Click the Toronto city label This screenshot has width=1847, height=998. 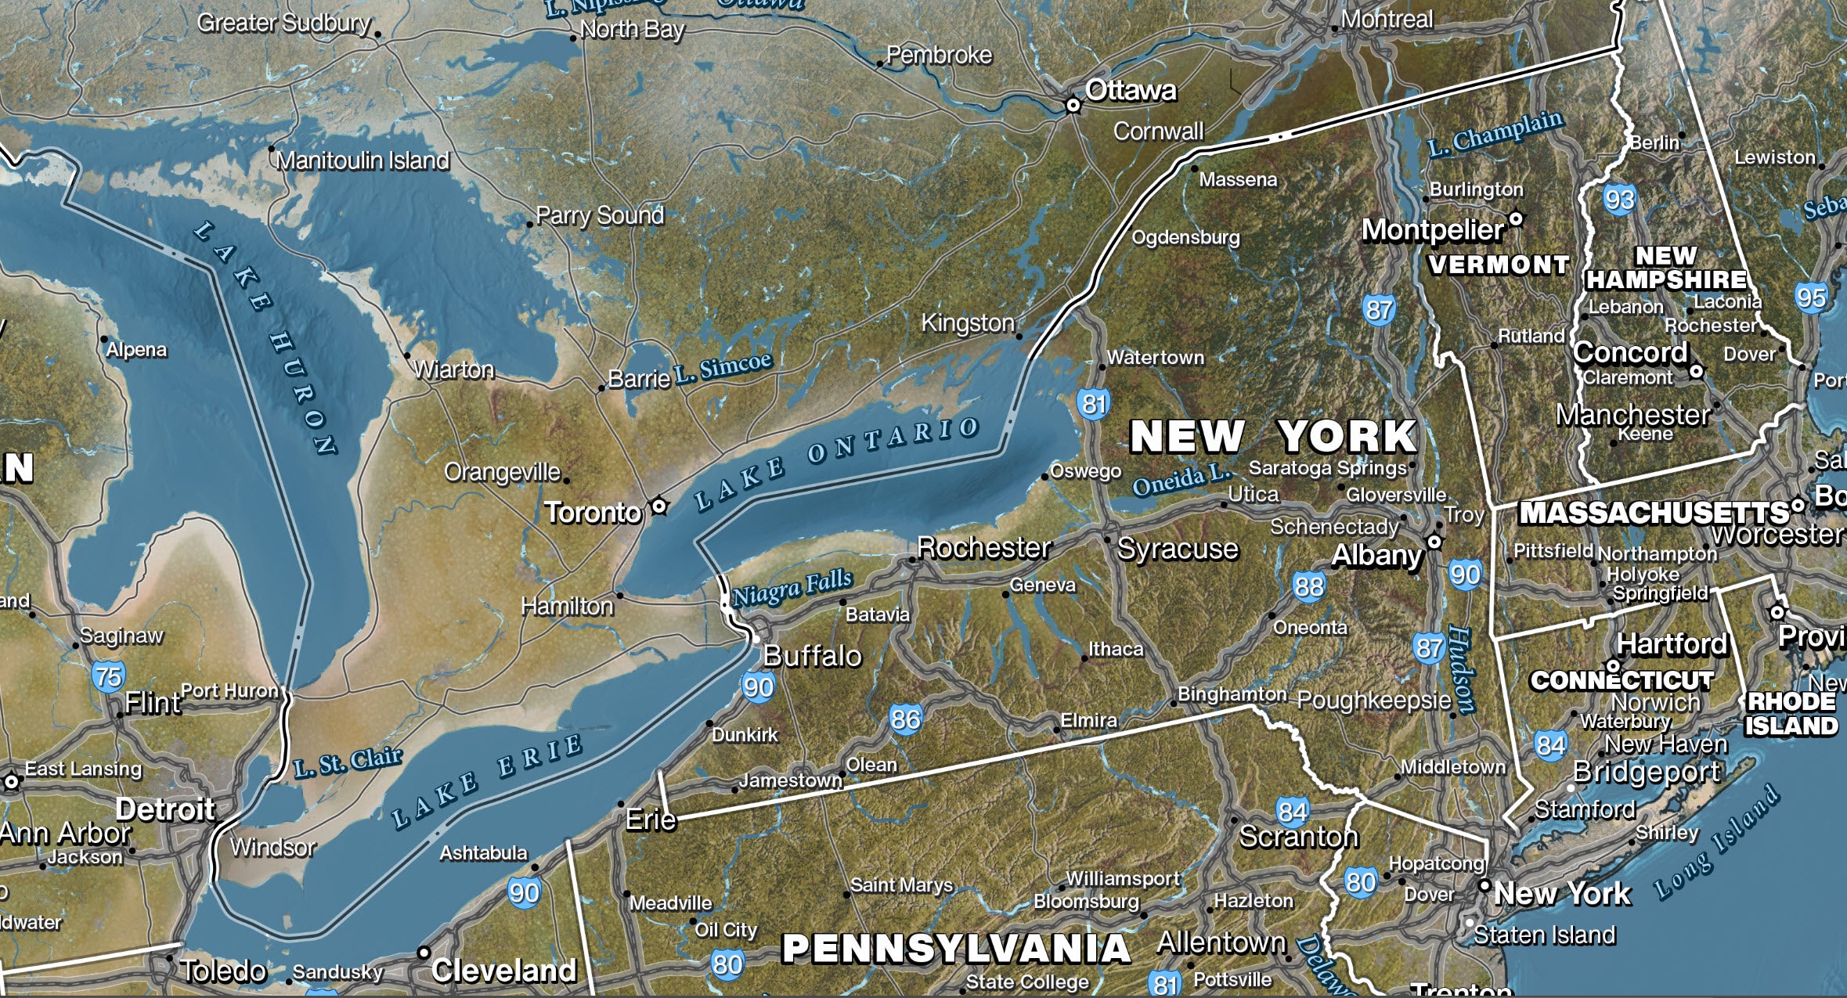(593, 513)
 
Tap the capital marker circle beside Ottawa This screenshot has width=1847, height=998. (1073, 105)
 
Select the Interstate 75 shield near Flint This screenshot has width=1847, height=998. (109, 676)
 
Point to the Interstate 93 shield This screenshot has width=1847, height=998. (1619, 200)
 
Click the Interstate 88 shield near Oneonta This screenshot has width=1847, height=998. (1308, 586)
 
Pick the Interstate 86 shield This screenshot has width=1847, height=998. (905, 719)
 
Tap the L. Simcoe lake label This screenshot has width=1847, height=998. (723, 366)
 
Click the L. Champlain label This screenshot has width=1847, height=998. (1495, 134)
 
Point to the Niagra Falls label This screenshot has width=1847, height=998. (792, 588)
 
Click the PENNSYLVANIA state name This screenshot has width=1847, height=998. (956, 948)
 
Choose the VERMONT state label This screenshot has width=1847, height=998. (1499, 265)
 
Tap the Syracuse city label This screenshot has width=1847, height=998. (1178, 549)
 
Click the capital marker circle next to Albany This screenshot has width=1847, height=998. (1434, 541)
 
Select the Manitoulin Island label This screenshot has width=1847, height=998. (363, 160)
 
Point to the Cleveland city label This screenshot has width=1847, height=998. (503, 971)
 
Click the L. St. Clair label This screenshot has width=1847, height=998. (348, 762)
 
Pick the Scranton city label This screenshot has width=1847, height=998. (1298, 837)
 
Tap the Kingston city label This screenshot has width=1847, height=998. (967, 322)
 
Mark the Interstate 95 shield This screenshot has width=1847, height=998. (1811, 297)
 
